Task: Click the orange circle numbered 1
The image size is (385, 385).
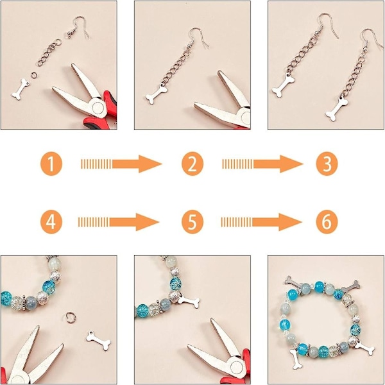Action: [x=51, y=164]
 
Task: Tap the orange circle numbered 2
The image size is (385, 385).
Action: [x=193, y=164]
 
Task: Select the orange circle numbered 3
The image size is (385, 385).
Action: [x=327, y=164]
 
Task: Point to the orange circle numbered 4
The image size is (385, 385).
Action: [x=51, y=222]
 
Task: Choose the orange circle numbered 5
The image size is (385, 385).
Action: [x=193, y=222]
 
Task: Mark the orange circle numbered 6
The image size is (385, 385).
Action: [x=327, y=222]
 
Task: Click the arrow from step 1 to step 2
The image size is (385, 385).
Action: [x=121, y=164]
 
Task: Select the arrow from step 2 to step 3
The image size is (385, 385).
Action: [x=262, y=164]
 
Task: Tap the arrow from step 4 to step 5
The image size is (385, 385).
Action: [x=119, y=222]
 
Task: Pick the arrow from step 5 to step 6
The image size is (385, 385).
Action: [x=262, y=222]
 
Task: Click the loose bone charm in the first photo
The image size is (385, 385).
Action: [x=21, y=89]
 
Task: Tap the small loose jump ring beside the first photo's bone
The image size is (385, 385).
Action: [x=34, y=74]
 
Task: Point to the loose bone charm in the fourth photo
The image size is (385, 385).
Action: [x=98, y=340]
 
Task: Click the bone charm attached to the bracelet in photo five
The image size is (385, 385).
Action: [x=189, y=302]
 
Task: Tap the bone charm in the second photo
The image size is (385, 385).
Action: [x=157, y=94]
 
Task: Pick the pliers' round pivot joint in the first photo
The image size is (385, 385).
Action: [x=98, y=108]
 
